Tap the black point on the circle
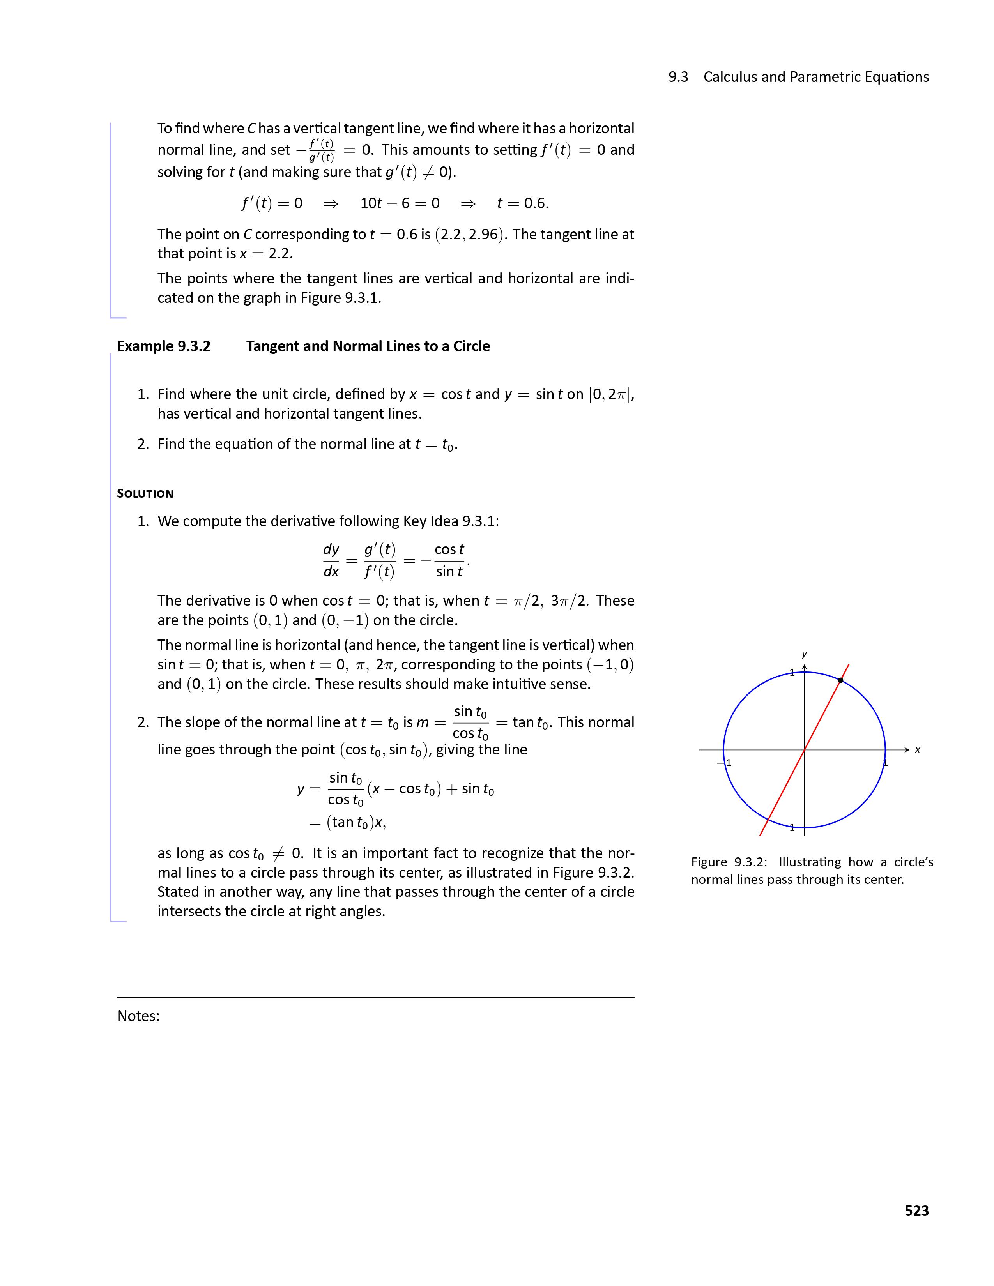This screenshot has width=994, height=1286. (x=840, y=680)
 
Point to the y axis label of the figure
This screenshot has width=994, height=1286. (x=805, y=654)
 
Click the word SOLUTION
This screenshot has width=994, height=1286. (x=145, y=493)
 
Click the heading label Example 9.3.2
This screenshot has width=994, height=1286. (x=164, y=346)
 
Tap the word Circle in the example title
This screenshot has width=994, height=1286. (x=471, y=346)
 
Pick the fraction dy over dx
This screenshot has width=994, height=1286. (x=331, y=560)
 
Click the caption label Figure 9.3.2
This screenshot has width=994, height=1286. (x=729, y=862)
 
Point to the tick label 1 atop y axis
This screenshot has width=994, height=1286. (x=792, y=673)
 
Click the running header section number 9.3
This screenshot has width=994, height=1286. (x=678, y=77)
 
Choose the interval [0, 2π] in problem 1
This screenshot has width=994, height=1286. (x=611, y=394)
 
